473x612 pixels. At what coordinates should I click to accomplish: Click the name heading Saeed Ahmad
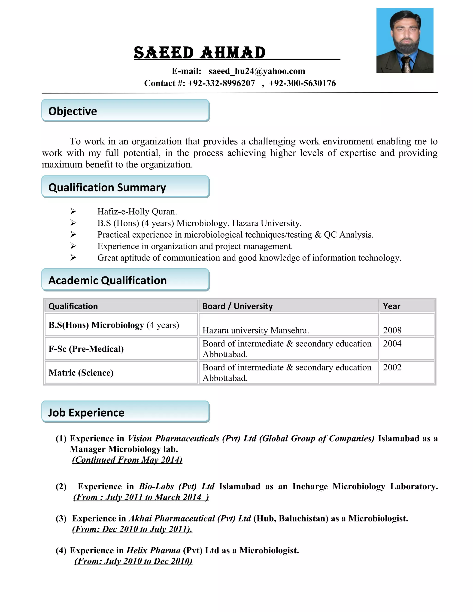[x=199, y=53]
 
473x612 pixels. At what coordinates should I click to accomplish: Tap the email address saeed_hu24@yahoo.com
[x=257, y=71]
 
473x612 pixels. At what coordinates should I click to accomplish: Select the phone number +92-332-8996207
[x=221, y=83]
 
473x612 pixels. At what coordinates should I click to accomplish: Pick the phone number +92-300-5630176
[x=302, y=83]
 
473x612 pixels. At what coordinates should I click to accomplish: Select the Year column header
[x=391, y=306]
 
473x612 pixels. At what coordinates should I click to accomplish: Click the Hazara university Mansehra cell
[x=256, y=330]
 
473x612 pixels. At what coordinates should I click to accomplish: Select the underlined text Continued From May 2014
[x=127, y=460]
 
